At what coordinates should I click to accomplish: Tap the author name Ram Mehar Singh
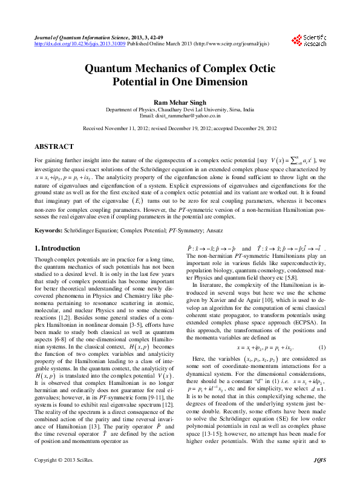(x=180, y=102)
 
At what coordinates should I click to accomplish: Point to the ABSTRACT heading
(x=54, y=146)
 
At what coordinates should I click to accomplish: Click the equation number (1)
(x=322, y=348)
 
